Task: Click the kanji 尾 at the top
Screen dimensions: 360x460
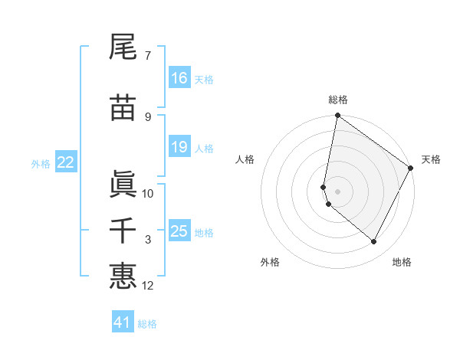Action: (x=123, y=47)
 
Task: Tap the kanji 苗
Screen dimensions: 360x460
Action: (x=123, y=108)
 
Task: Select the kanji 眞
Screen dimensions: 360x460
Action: (x=123, y=183)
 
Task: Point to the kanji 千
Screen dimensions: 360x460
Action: (x=123, y=231)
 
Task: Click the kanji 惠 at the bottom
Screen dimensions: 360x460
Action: (x=123, y=276)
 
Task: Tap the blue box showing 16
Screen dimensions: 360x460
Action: (x=179, y=78)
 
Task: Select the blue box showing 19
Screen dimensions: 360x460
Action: (x=179, y=148)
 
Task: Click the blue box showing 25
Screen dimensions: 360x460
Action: (x=179, y=231)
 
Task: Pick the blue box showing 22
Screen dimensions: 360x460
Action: (x=66, y=162)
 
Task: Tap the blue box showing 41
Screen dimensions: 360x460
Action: (x=123, y=322)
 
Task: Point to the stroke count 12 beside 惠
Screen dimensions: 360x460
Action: (x=148, y=286)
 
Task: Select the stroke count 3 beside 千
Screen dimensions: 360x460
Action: (x=148, y=241)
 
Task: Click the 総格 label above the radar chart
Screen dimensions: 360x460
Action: (x=338, y=100)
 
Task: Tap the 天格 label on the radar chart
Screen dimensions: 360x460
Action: (x=431, y=159)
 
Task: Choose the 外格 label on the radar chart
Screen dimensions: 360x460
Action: (x=270, y=263)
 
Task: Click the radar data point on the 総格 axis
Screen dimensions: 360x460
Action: (x=337, y=116)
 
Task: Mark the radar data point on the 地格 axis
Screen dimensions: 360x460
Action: (x=374, y=242)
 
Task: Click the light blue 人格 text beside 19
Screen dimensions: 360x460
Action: (x=204, y=149)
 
